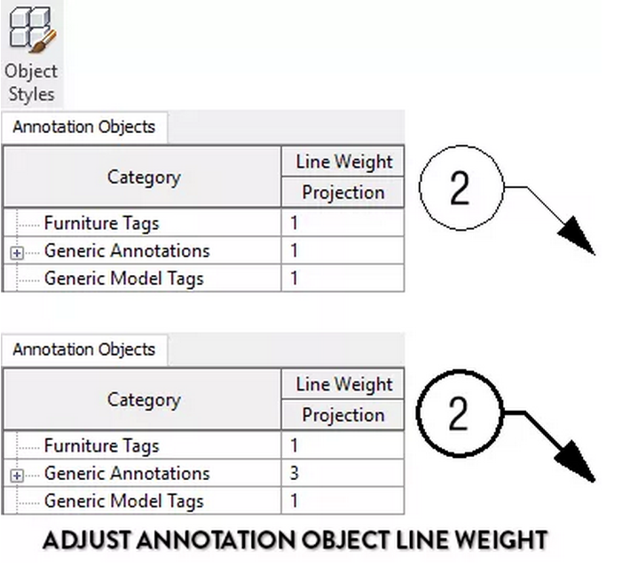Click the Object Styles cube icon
coord(32,29)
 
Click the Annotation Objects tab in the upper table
coord(84,127)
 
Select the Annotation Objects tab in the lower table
coord(84,350)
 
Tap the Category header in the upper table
coord(144,177)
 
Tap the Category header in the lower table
coord(144,400)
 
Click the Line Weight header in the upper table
coord(344,161)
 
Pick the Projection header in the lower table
coord(343,414)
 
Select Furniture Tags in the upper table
coord(102,223)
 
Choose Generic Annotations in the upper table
coord(127,251)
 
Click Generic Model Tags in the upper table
coord(123,279)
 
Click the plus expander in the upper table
coord(17,253)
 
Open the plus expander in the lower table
coord(17,476)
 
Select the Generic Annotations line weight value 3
coord(294,473)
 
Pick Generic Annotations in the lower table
coord(127,473)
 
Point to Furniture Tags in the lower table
coord(102,445)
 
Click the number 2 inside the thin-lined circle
coord(460,187)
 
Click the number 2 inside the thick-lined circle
coord(458,413)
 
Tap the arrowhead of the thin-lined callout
coord(579,236)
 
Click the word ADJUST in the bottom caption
coord(86,539)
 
